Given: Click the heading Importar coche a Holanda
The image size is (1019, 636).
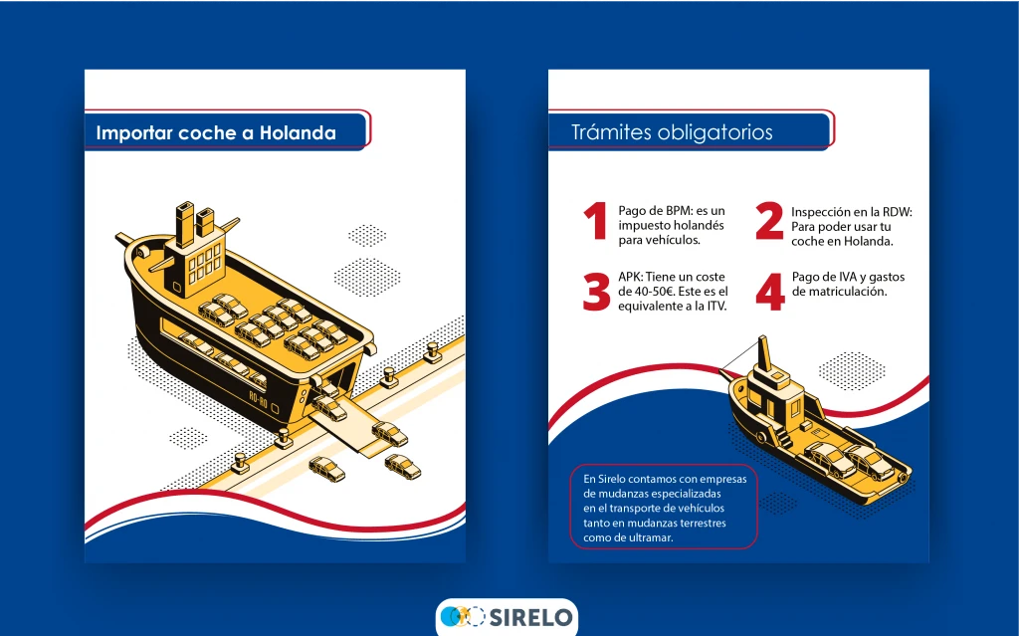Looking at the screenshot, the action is coord(216,132).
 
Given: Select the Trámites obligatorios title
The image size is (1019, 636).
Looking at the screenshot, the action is coord(672,132).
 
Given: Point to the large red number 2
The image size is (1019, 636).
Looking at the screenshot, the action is coord(769,221).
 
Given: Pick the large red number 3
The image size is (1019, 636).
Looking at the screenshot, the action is coord(597,292).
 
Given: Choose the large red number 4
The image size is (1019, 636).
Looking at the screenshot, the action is coord(770,292).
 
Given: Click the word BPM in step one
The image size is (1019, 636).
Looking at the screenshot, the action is coord(679,211).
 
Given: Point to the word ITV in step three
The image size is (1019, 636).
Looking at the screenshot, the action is coord(714,307).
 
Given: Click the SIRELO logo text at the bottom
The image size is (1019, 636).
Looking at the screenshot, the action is coord(530,616).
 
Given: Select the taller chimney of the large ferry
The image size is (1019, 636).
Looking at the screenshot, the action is coord(184,224).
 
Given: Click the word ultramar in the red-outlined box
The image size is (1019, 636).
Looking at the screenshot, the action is coord(651,537).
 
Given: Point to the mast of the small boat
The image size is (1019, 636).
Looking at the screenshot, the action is coord(765,354).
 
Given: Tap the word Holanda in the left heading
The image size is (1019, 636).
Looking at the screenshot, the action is coord(299,132).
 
